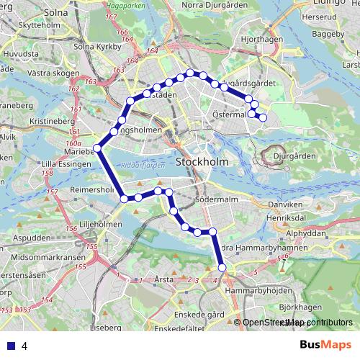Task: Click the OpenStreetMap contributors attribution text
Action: click(297, 323)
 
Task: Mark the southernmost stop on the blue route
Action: click(222, 267)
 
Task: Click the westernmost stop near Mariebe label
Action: click(98, 148)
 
